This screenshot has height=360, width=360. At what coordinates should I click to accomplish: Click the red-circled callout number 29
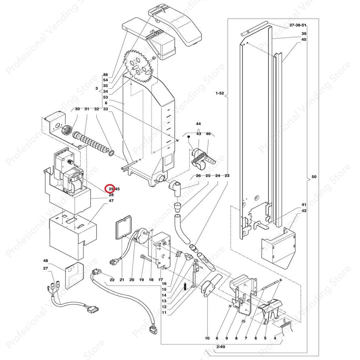(x=110, y=189)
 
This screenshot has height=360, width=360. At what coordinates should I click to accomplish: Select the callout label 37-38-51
(x=298, y=25)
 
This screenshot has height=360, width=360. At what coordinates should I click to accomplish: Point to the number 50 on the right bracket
(x=313, y=177)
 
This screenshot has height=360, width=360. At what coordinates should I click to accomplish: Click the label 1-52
(x=220, y=94)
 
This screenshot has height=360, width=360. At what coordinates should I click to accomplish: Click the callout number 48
(x=46, y=261)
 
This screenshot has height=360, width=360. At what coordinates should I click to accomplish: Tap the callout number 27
(x=46, y=268)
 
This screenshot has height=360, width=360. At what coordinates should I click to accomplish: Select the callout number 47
(x=111, y=201)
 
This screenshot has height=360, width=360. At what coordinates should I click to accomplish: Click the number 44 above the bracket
(x=198, y=124)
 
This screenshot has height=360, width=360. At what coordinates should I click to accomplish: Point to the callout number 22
(x=112, y=280)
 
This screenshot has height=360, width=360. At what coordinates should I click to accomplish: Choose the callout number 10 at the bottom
(x=207, y=338)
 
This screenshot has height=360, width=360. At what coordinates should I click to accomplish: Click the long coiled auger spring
(x=94, y=142)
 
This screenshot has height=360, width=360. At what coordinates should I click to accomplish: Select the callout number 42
(x=304, y=211)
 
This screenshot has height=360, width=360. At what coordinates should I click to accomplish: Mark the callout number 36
(x=105, y=75)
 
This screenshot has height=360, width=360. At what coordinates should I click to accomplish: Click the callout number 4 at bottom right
(x=275, y=338)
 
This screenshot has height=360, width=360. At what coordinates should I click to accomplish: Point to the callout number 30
(x=77, y=109)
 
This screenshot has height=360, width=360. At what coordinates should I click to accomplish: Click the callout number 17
(x=161, y=280)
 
